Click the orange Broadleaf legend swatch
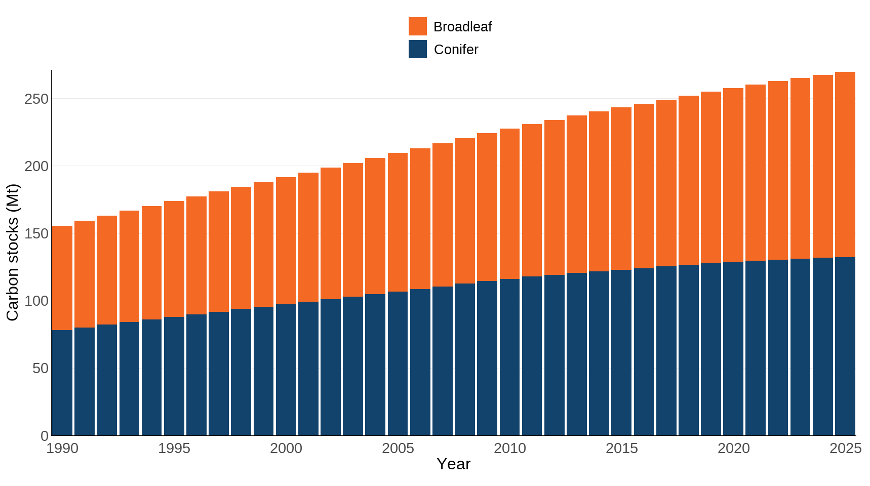(417, 26)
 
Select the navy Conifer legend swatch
(417, 49)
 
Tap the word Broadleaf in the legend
(462, 27)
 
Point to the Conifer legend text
(456, 50)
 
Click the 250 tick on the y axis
(36, 99)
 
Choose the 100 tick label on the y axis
(36, 301)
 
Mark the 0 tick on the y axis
(45, 435)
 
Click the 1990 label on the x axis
(62, 449)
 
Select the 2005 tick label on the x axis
(398, 449)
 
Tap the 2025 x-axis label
(845, 449)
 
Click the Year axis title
(453, 464)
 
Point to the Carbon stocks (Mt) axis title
(12, 253)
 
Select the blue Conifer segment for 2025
(845, 346)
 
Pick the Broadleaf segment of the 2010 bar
(509, 204)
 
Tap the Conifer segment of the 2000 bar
(286, 370)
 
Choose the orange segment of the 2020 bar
(733, 175)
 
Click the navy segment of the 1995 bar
(174, 376)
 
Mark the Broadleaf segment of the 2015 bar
(621, 188)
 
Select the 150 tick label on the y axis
(36, 233)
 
